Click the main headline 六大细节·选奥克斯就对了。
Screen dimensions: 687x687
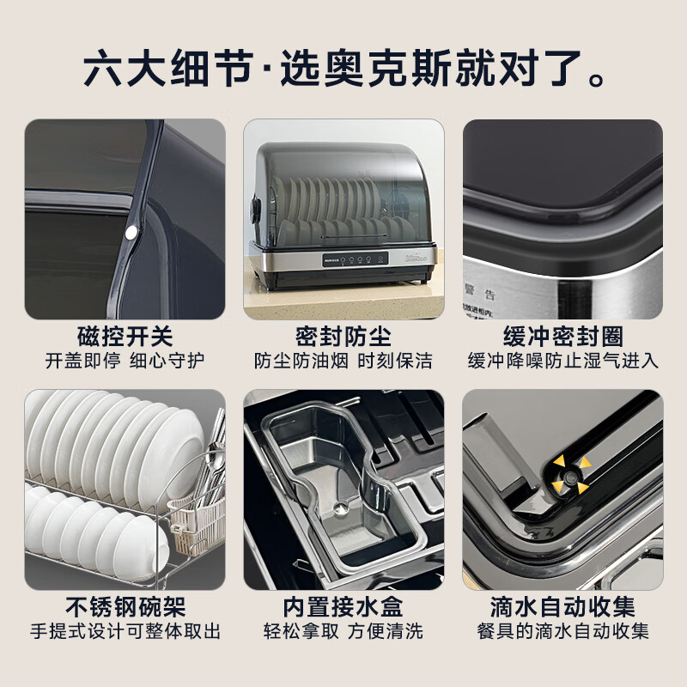343,69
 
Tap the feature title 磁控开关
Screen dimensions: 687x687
125,335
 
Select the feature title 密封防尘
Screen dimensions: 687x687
343,335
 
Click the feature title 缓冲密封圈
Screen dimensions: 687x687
562,335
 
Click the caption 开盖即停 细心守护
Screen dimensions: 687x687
125,360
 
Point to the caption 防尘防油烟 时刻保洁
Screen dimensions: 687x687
343,360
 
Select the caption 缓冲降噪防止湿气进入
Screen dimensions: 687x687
562,360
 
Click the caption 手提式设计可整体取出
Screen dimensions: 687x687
125,632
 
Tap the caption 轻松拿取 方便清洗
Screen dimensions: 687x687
343,632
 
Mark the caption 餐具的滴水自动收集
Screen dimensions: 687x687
562,632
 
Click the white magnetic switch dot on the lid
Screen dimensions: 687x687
132,232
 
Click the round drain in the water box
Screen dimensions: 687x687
343,509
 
